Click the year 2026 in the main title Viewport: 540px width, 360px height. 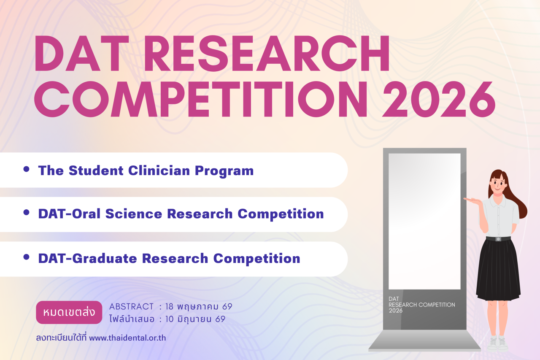[439, 99]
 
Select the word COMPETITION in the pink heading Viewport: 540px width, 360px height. [201, 99]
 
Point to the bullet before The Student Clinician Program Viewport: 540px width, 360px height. [26, 169]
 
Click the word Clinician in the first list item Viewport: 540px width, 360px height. [159, 171]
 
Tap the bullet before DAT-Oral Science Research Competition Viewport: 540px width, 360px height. [26, 212]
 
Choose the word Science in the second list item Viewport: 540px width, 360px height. [134, 214]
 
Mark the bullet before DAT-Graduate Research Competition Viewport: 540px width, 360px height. [26, 257]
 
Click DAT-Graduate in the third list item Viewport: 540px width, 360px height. [88, 258]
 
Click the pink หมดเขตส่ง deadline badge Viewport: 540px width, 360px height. [69, 312]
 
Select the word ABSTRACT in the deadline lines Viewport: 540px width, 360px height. [131, 306]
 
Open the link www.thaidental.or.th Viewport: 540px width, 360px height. [127, 338]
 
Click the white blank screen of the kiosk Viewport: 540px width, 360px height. [424, 221]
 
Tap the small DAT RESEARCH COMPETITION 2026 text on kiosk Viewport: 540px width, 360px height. [421, 305]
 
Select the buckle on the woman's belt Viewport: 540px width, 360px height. [498, 239]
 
